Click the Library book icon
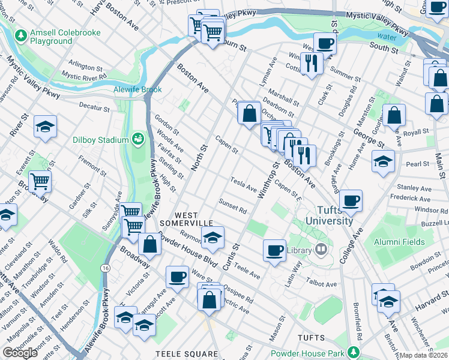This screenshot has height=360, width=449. [322, 250]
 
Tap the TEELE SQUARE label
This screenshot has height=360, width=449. [186, 355]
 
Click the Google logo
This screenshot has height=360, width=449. [20, 353]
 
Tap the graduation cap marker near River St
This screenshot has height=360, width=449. [45, 126]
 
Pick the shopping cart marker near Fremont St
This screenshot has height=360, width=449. [40, 180]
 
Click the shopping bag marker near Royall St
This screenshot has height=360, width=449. [394, 115]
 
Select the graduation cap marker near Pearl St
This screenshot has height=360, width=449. [383, 161]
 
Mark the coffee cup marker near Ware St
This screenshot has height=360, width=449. [177, 277]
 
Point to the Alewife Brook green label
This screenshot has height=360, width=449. [137, 89]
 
